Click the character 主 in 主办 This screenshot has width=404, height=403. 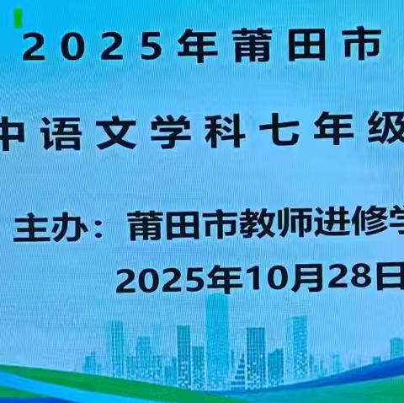click(30, 228)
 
